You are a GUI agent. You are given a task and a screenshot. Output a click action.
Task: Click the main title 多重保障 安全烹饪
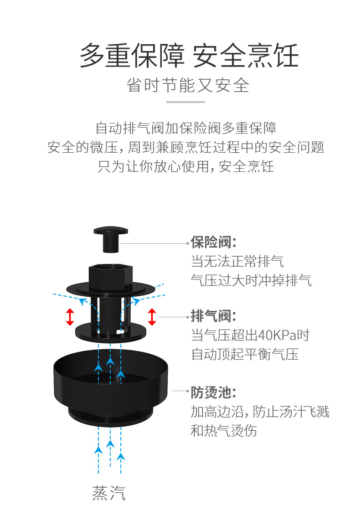pos(189,57)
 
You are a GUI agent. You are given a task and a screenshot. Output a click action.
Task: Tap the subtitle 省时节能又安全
pos(188,85)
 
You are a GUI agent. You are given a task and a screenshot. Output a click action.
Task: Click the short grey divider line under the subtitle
pos(185,102)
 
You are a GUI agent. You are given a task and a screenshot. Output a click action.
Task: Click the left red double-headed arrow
pos(70,317)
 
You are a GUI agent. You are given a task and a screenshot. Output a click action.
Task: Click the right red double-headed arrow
pos(152,317)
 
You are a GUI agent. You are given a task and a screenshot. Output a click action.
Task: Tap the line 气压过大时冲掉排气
pos(251,280)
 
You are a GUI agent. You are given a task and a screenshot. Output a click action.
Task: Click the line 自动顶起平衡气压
pos(245,355)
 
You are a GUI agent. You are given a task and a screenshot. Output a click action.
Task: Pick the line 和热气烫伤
pos(223,431)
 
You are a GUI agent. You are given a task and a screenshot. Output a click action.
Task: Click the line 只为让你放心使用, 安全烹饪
pos(185,167)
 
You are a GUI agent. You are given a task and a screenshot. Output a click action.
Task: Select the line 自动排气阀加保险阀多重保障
pos(185,128)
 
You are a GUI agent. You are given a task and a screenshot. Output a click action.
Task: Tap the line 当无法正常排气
pos(237,261)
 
